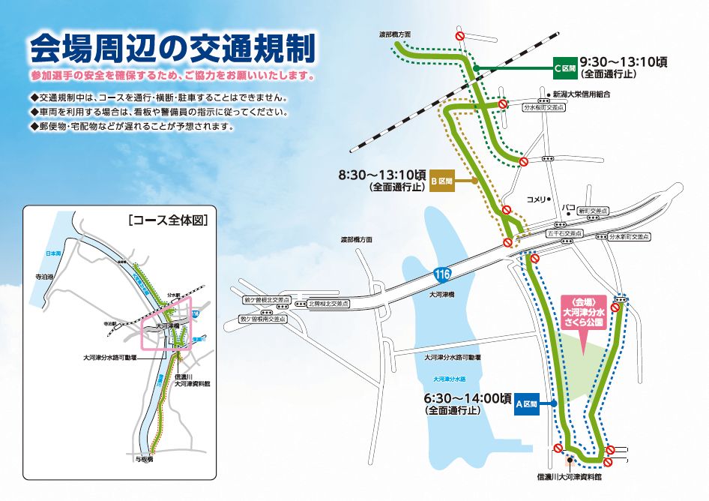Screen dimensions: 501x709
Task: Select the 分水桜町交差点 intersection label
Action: pos(543,107)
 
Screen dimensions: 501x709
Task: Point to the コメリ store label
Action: pos(537,199)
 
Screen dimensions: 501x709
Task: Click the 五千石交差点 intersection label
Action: pos(564,233)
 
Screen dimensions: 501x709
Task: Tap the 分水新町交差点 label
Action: pos(628,236)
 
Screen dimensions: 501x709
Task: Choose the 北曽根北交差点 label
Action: pos(328,304)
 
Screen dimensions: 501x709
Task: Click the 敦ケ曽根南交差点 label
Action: pos(262,319)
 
